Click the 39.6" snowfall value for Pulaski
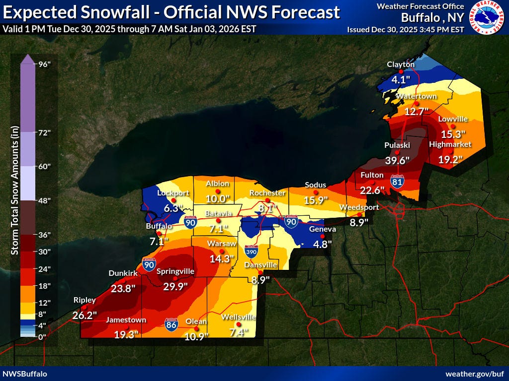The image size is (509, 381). point(397,160)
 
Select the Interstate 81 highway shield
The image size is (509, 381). point(397,182)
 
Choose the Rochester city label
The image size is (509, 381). point(267,193)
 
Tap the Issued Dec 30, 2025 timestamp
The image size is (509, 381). point(405,29)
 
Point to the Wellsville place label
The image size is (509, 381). point(238,317)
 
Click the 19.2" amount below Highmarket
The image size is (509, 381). point(451,159)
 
